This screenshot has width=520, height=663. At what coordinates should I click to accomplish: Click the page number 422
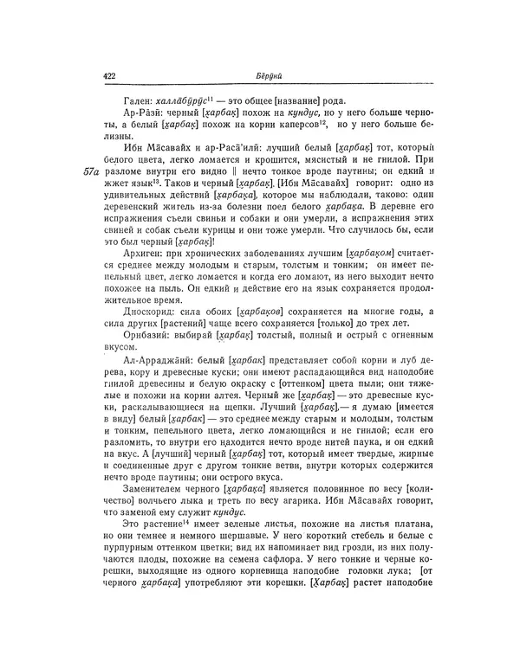[110, 76]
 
